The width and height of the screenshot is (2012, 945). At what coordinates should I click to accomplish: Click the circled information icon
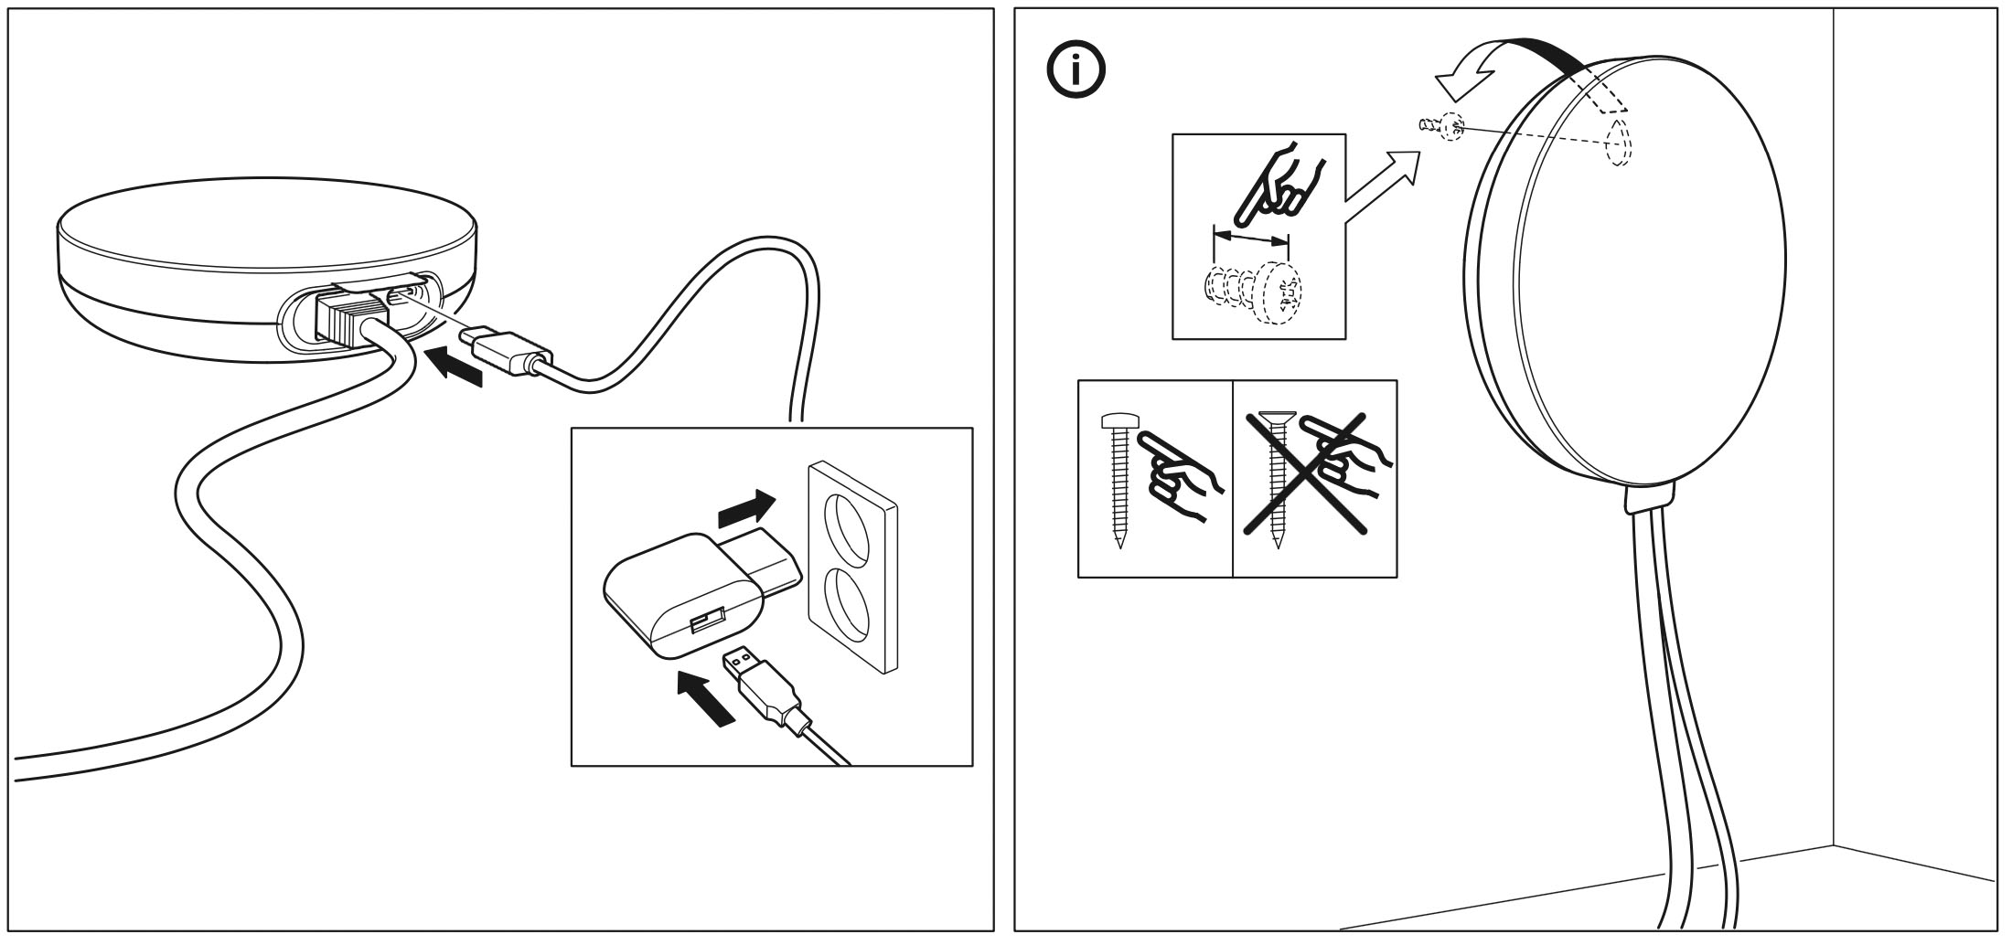click(x=1076, y=72)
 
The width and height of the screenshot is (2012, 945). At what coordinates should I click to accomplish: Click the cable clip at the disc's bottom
click(x=1647, y=496)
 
